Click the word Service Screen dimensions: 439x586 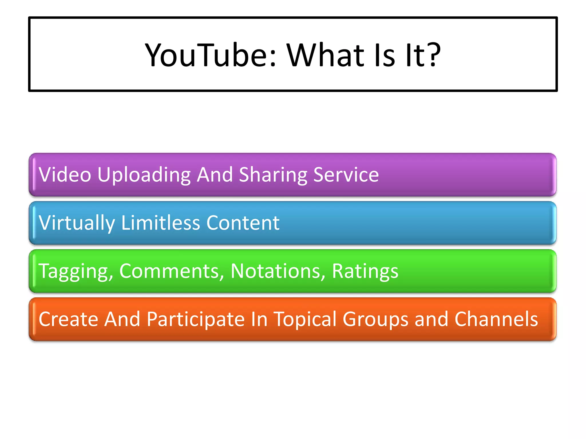click(346, 175)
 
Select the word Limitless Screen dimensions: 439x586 click(160, 223)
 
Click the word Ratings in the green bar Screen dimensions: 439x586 click(365, 271)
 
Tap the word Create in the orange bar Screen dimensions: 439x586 click(68, 319)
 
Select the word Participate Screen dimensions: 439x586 click(196, 319)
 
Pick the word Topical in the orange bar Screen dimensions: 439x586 click(305, 319)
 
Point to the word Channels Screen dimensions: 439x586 click(496, 319)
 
